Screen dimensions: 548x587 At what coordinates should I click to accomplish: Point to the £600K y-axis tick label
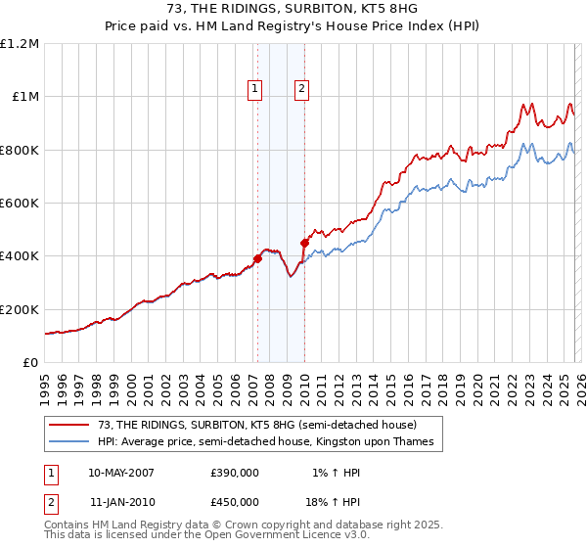tap(20, 204)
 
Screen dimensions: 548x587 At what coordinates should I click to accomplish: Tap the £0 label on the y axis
tap(31, 362)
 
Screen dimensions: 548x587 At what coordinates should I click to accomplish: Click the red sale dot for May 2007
tap(257, 259)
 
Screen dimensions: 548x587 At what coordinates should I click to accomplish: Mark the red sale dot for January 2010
tap(304, 243)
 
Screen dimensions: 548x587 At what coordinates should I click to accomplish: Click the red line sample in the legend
tap(71, 425)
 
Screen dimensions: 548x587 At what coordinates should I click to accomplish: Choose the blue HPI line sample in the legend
tap(71, 442)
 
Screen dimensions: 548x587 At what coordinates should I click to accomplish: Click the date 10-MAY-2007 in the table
tap(120, 472)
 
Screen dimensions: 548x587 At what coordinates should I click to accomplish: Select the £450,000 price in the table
tap(235, 501)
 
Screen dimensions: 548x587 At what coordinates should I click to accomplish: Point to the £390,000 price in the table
tap(235, 472)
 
